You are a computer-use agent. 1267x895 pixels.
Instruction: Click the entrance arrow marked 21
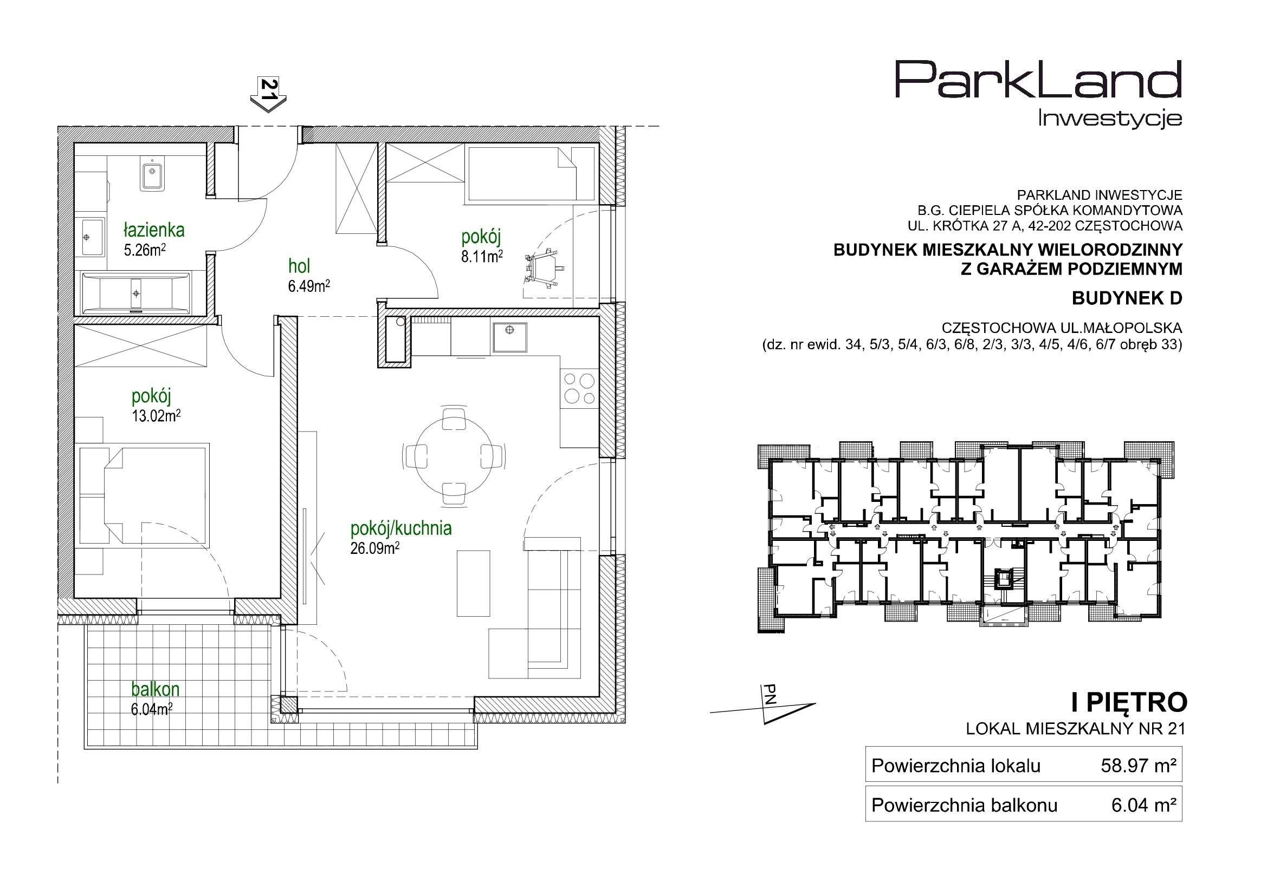pyautogui.click(x=269, y=95)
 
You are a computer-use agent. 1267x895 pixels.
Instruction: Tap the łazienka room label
pyautogui.click(x=154, y=230)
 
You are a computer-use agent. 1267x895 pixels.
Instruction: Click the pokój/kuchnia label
pyautogui.click(x=401, y=528)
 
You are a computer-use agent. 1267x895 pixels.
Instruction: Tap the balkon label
pyautogui.click(x=156, y=689)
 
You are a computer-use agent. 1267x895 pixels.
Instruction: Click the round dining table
pyautogui.click(x=454, y=456)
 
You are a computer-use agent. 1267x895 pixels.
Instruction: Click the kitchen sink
pyautogui.click(x=509, y=337)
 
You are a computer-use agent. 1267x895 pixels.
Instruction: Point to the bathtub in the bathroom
pyautogui.click(x=135, y=292)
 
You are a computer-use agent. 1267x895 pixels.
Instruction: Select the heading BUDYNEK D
pyautogui.click(x=1127, y=298)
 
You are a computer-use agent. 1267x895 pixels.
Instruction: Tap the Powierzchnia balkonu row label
pyautogui.click(x=965, y=806)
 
